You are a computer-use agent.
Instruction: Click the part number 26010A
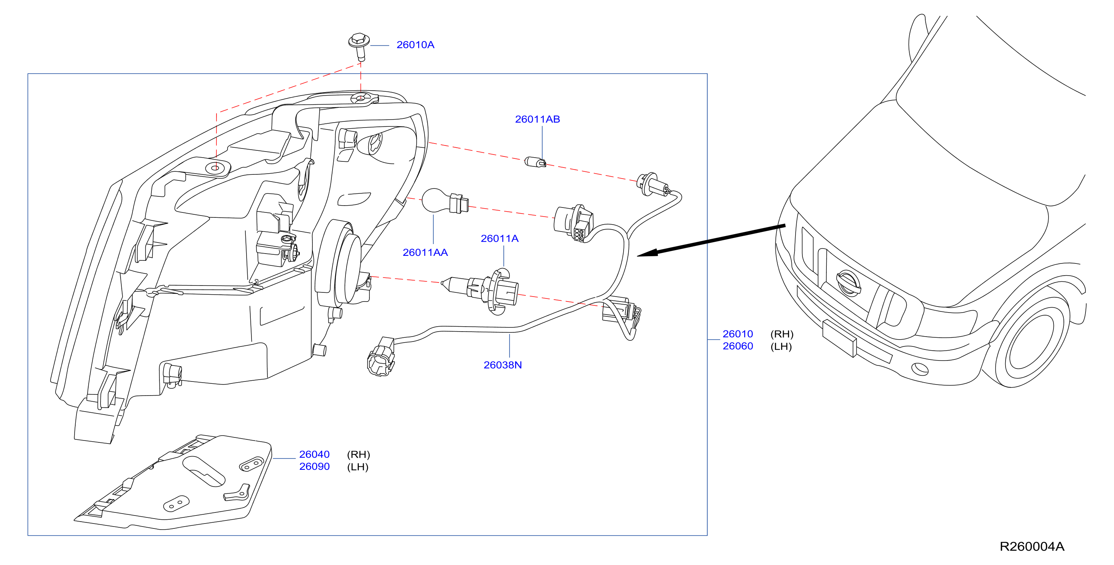coord(415,45)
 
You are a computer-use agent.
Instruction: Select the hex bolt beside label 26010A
coord(360,46)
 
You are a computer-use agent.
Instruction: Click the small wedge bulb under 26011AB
coord(535,162)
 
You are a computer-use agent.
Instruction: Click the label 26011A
coord(500,238)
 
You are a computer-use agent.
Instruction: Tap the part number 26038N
coord(503,365)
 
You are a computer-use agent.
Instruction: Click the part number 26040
coord(314,454)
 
